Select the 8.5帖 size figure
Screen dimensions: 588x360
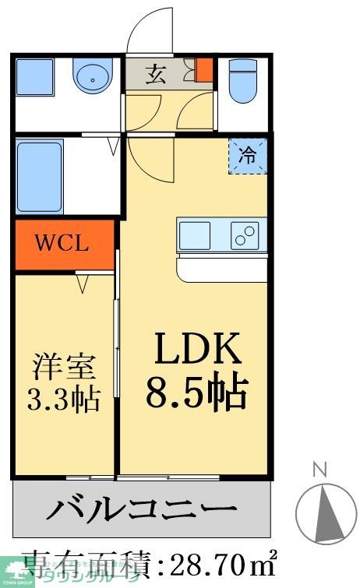pyautogui.click(x=196, y=392)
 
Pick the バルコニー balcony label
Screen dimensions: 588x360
pyautogui.click(x=143, y=511)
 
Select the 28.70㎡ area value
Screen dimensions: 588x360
pyautogui.click(x=210, y=562)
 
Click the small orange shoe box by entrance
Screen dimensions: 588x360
pyautogui.click(x=203, y=71)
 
